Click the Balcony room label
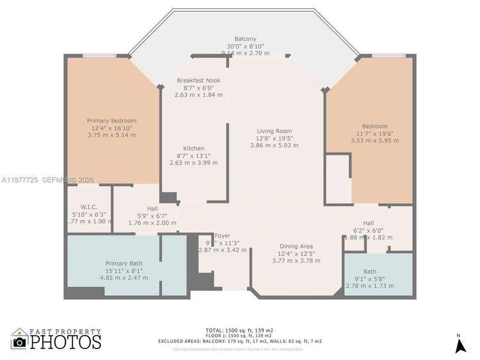243,39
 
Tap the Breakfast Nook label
199,81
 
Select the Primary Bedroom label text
111,120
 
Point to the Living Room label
275,130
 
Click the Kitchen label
193,148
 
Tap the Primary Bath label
124,263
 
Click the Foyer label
222,235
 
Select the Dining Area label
296,246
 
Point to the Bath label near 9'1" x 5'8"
370,271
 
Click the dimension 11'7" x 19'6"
374,134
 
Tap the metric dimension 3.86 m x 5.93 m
275,145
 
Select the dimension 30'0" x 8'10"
243,47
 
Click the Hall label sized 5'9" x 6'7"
152,208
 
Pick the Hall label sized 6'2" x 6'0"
369,223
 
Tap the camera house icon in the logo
19,339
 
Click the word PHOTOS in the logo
66,341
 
